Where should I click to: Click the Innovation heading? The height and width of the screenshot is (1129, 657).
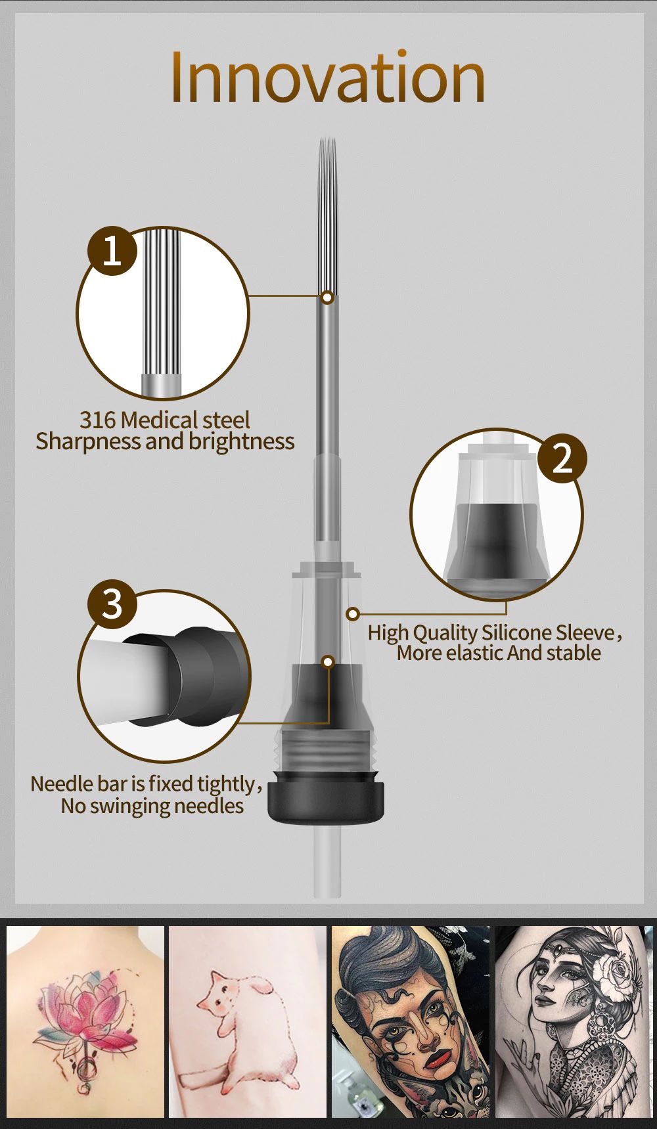coord(328,77)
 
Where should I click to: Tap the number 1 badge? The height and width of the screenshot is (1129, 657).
coord(112,250)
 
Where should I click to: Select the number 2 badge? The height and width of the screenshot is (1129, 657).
coord(562,458)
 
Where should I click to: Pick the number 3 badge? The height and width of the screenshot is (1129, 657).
coord(112,604)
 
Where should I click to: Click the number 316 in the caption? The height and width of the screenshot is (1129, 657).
coord(98,420)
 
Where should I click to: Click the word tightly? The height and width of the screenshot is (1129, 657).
coord(225,784)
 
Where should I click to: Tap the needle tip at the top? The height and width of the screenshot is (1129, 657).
coord(327,139)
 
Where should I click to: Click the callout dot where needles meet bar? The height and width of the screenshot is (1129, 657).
coord(328,298)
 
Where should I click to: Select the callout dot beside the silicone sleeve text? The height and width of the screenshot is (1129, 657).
coord(353,614)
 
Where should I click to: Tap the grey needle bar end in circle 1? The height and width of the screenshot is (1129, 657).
coord(162,385)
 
